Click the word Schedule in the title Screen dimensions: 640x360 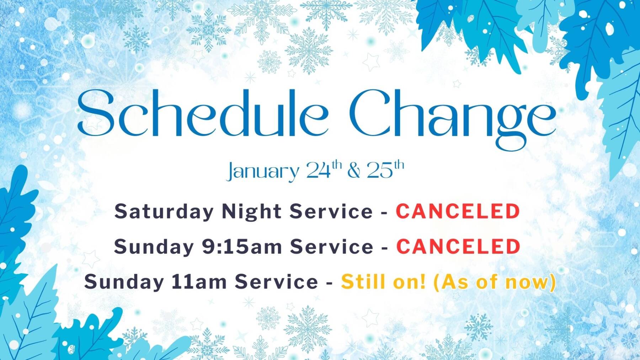(x=203, y=113)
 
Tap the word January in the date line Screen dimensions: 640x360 (x=263, y=171)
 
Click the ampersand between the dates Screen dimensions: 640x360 (x=354, y=170)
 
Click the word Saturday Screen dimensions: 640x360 (x=164, y=211)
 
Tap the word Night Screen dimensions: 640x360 (x=252, y=211)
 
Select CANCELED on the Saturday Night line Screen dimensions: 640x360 (x=458, y=211)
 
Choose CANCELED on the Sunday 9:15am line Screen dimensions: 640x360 (x=458, y=246)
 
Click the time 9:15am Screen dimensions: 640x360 (x=242, y=246)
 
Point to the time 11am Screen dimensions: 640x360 (x=199, y=281)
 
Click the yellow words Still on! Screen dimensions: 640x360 (x=383, y=281)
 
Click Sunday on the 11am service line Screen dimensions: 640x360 (x=124, y=282)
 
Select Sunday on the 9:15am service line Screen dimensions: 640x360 (x=154, y=247)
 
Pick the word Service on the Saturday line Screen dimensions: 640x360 (x=331, y=211)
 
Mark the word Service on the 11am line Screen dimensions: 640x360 (x=276, y=281)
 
